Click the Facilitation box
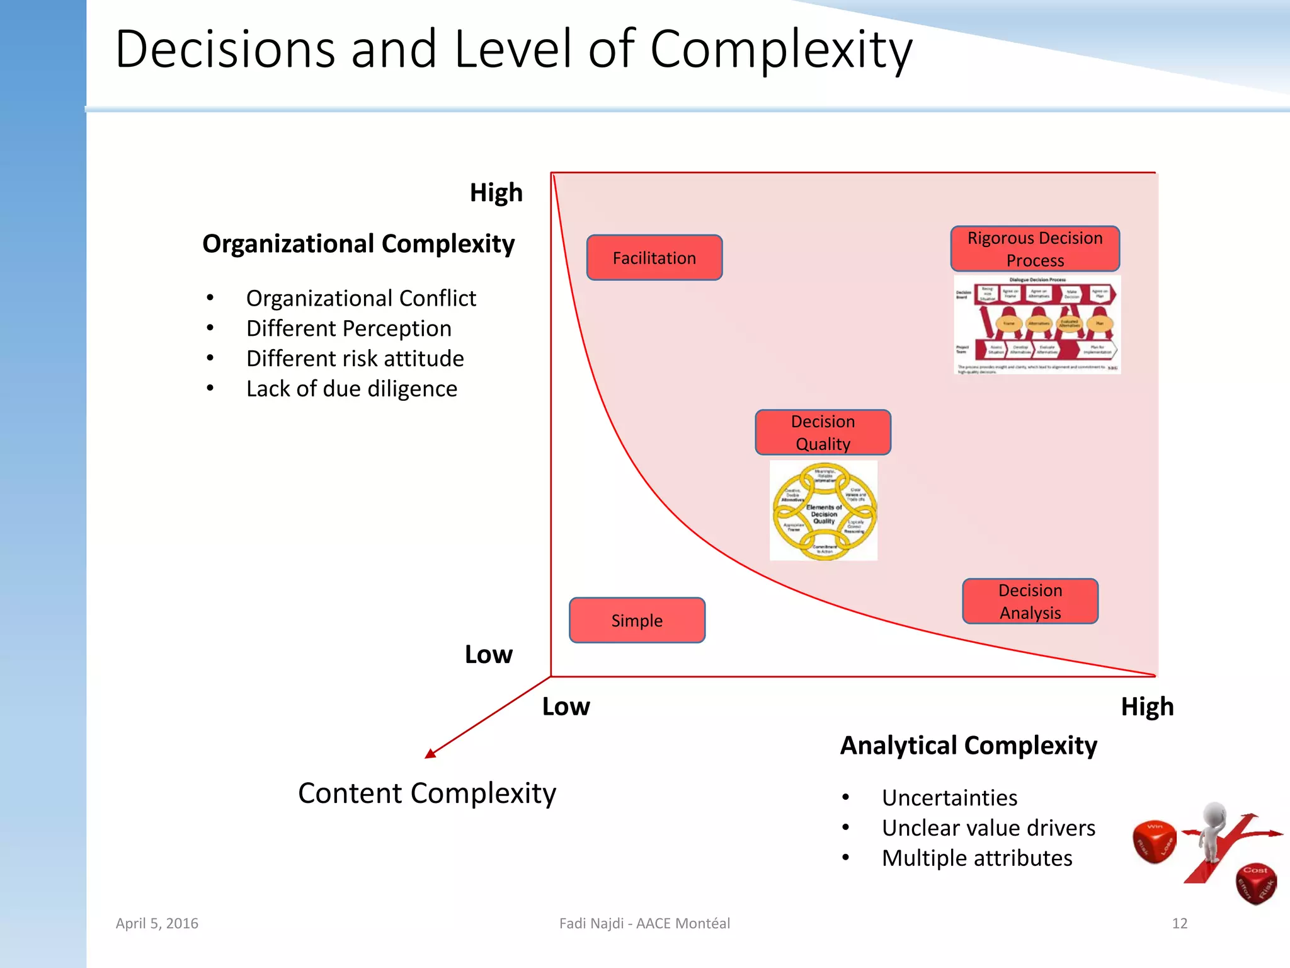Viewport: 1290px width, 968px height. (654, 258)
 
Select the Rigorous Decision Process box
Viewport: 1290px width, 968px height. (1035, 249)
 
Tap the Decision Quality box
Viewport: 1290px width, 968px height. (823, 432)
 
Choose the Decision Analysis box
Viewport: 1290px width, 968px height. (1030, 601)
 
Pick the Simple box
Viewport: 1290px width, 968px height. (637, 620)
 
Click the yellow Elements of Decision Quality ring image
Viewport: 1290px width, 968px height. (823, 511)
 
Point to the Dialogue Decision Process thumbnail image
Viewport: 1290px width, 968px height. (1037, 325)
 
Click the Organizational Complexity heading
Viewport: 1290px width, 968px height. (358, 244)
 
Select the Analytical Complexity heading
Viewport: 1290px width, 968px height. (968, 746)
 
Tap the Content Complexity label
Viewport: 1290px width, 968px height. (427, 793)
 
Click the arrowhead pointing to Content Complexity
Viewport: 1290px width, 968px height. (431, 754)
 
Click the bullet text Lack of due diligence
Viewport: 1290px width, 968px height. (351, 389)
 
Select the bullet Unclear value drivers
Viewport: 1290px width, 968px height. (988, 828)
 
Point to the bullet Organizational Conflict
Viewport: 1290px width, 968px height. (361, 298)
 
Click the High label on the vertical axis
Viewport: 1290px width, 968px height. (496, 193)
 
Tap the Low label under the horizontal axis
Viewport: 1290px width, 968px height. (566, 706)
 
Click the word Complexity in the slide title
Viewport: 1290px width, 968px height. (780, 50)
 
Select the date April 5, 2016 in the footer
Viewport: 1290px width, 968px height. (157, 923)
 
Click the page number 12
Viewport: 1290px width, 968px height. (1179, 923)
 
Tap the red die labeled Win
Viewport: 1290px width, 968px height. (1154, 841)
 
